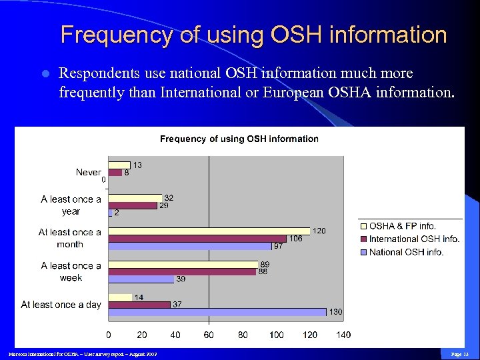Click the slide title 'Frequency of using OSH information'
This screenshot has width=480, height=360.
[253, 35]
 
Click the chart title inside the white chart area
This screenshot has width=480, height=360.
[239, 139]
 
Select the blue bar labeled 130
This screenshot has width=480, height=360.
[217, 312]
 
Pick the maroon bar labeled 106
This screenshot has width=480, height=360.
[197, 238]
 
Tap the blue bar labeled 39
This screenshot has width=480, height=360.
[141, 279]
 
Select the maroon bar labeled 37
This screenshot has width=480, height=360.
[139, 305]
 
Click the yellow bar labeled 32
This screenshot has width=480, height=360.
[135, 197]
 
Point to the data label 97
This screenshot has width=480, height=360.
[278, 247]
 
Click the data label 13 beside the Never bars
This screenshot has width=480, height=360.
[137, 165]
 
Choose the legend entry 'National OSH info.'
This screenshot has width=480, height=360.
[406, 252]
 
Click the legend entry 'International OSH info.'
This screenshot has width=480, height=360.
[414, 239]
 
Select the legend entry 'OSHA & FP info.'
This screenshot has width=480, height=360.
[403, 226]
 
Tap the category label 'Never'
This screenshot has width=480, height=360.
[88, 172]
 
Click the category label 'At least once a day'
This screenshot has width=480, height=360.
[61, 305]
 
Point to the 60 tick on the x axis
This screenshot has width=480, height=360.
[209, 335]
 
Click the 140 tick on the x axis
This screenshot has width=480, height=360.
[343, 335]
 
